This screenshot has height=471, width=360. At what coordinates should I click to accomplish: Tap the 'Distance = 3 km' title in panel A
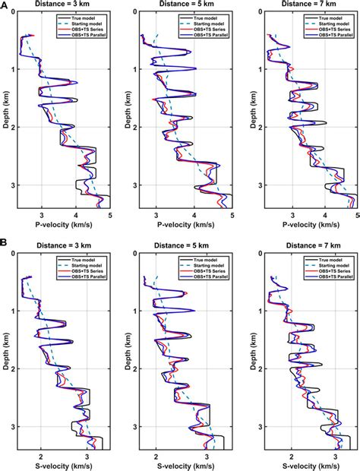(63, 5)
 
